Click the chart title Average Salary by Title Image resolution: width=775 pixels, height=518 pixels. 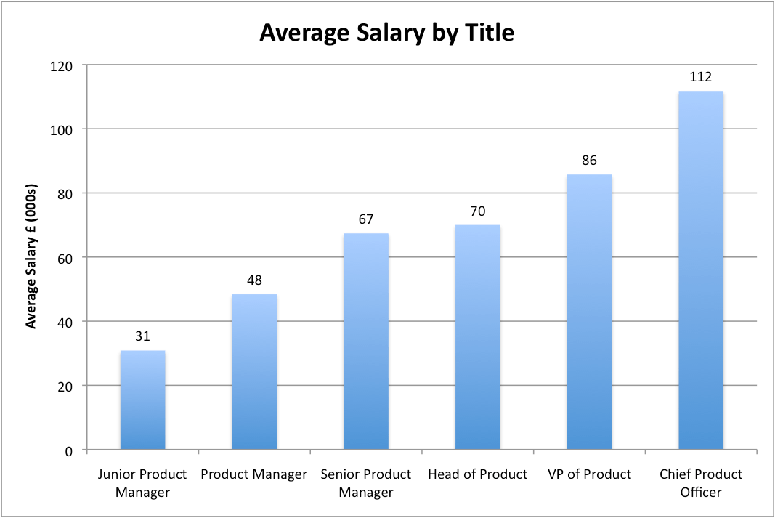tap(387, 33)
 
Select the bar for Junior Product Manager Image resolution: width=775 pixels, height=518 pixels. tap(142, 400)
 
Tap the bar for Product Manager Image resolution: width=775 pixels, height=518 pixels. tap(254, 372)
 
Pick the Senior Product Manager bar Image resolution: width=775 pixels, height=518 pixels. tap(366, 341)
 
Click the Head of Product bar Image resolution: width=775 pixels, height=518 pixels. tap(477, 337)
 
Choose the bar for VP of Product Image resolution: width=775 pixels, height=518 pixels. tap(589, 312)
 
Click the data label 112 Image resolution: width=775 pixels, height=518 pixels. tap(700, 77)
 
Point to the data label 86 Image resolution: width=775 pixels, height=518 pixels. tap(589, 161)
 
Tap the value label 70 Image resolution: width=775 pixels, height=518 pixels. tap(477, 211)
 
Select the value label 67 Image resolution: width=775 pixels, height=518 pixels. tap(366, 219)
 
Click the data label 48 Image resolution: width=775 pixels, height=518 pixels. tap(254, 280)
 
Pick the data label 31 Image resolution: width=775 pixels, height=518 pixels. tap(142, 336)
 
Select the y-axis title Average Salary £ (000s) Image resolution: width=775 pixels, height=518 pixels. tap(32, 257)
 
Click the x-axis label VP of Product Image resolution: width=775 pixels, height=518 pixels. tap(589, 474)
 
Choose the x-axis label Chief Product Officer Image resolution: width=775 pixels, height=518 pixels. tap(700, 483)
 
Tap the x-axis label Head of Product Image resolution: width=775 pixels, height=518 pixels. tap(477, 474)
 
